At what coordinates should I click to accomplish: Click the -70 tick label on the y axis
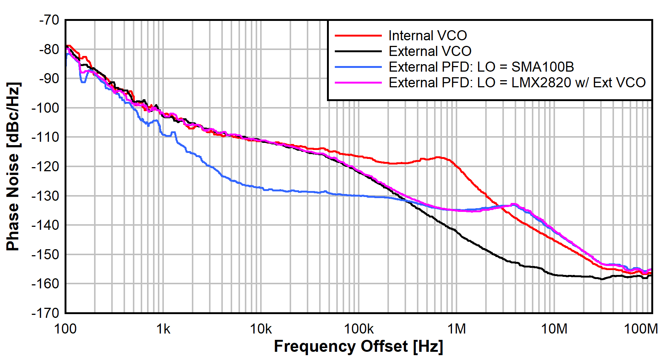[x=49, y=20]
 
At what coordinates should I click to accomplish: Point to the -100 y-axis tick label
[x=46, y=108]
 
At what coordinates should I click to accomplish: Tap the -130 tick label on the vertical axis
[x=46, y=196]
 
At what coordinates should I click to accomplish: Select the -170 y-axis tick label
[x=46, y=313]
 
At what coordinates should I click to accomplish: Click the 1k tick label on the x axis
[x=163, y=329]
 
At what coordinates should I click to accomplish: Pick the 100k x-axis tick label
[x=359, y=329]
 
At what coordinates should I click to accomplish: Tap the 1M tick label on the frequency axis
[x=456, y=329]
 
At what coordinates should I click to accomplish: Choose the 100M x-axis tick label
[x=640, y=329]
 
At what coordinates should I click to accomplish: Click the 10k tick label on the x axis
[x=261, y=329]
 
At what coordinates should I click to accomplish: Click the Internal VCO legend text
[x=428, y=36]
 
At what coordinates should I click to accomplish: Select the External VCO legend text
[x=430, y=51]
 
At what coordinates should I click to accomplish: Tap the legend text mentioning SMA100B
[x=481, y=67]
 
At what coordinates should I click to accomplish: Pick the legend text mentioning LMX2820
[x=517, y=83]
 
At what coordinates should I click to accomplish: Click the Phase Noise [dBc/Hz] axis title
[x=13, y=166]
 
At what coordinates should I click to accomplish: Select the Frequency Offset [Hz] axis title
[x=358, y=347]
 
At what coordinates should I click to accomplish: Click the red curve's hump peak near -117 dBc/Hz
[x=439, y=157]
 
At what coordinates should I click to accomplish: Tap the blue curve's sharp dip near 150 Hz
[x=83, y=81]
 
